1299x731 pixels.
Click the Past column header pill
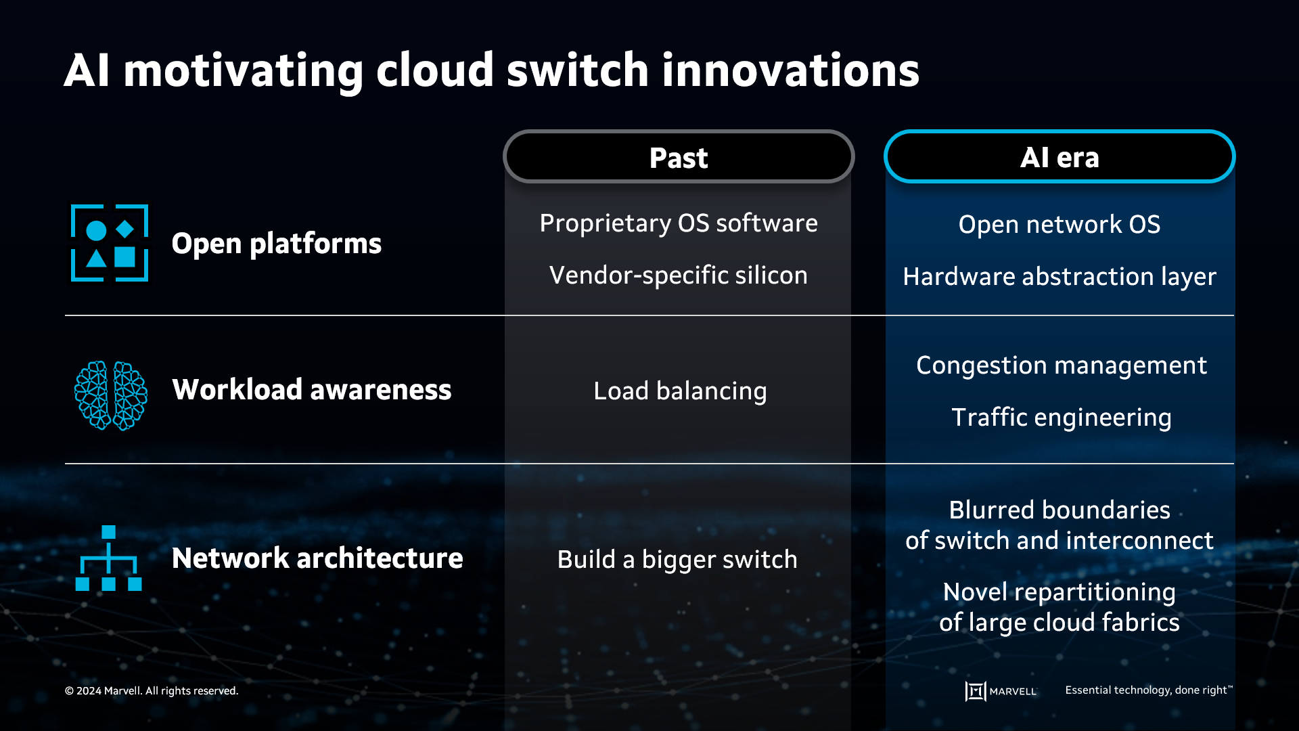pos(679,157)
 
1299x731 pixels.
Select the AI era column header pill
pos(1059,157)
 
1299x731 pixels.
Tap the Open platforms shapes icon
pos(110,243)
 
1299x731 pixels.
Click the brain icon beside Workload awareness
pos(110,395)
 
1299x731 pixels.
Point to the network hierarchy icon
pos(108,558)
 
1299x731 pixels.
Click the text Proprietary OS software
pos(679,223)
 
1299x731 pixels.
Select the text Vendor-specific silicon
pos(679,275)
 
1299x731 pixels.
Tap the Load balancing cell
pos(680,391)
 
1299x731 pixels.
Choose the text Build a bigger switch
pos(677,560)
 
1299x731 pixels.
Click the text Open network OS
pos(1059,225)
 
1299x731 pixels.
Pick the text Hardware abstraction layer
pos(1059,277)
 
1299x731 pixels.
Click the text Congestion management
pos(1061,365)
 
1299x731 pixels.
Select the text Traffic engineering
pos(1061,418)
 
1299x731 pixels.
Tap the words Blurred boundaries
pos(1059,510)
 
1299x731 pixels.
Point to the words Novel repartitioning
pos(1059,592)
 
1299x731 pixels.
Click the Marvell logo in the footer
pos(1001,691)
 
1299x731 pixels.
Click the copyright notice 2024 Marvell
pos(152,691)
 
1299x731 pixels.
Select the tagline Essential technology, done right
pos(1148,690)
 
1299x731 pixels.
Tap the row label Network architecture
pos(317,558)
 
